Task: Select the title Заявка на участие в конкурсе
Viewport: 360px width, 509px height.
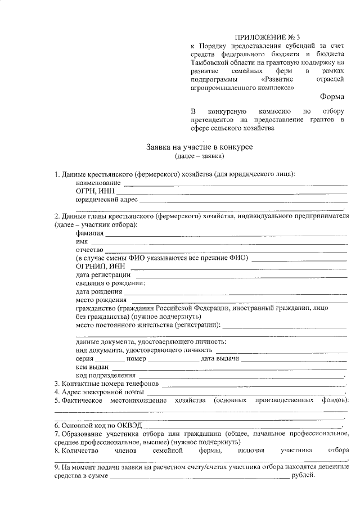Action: (x=200, y=146)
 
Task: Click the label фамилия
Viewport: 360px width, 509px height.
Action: (x=90, y=233)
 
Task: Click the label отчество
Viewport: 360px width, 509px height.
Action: (x=90, y=250)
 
